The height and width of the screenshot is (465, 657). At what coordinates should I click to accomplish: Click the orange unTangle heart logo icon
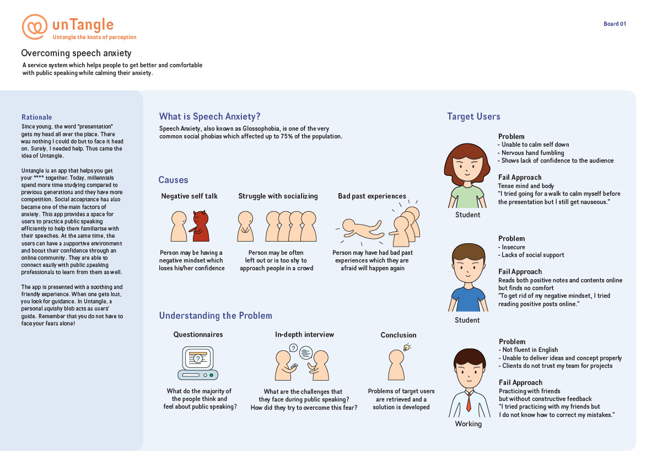coord(34,26)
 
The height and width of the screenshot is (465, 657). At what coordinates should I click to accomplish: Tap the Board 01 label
coord(615,24)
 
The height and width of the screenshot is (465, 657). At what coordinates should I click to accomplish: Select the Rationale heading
coord(37,117)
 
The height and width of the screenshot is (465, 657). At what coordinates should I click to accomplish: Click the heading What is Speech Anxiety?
coord(209,116)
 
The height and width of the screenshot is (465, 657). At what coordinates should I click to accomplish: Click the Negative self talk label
coord(189,196)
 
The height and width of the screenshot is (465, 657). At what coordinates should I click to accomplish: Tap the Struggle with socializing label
coord(278,196)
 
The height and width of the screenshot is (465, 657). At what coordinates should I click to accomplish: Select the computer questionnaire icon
coord(198,363)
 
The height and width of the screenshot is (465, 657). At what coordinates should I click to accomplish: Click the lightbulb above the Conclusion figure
coord(406,347)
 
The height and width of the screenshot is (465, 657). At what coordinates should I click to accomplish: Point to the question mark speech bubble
coord(293,348)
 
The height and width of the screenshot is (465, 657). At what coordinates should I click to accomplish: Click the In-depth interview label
coord(304,335)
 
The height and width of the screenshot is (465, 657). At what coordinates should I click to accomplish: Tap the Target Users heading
coord(473,116)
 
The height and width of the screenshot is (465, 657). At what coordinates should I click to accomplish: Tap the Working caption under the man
coord(468,424)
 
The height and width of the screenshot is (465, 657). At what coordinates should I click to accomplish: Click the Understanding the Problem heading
coord(216,316)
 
